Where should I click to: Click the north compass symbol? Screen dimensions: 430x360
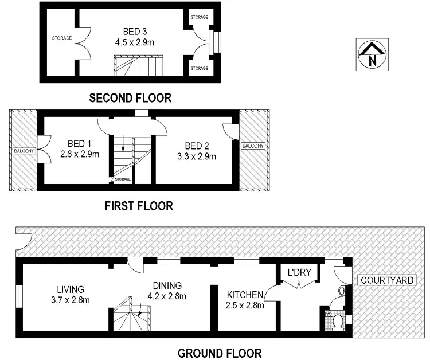tap(372, 55)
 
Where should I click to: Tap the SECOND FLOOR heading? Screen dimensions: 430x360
tap(130, 98)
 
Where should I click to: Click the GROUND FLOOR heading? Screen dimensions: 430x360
tap(219, 353)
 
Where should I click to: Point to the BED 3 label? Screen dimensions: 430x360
tap(135, 31)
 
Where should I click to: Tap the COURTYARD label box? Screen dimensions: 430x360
tap(386, 280)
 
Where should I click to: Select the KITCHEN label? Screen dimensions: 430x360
tap(245, 295)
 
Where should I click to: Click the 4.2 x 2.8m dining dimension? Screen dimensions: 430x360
tap(167, 296)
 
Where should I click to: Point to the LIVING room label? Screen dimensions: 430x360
tap(71, 289)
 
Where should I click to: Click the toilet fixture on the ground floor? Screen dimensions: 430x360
tap(338, 320)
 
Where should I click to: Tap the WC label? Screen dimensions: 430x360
tap(329, 314)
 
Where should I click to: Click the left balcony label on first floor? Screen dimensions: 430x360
tap(23, 151)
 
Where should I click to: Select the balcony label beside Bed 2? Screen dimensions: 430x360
tap(253, 146)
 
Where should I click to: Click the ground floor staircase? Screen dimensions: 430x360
tap(131, 318)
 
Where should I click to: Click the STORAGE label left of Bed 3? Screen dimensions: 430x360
tap(61, 38)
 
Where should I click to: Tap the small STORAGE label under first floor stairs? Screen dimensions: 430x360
tap(122, 179)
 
